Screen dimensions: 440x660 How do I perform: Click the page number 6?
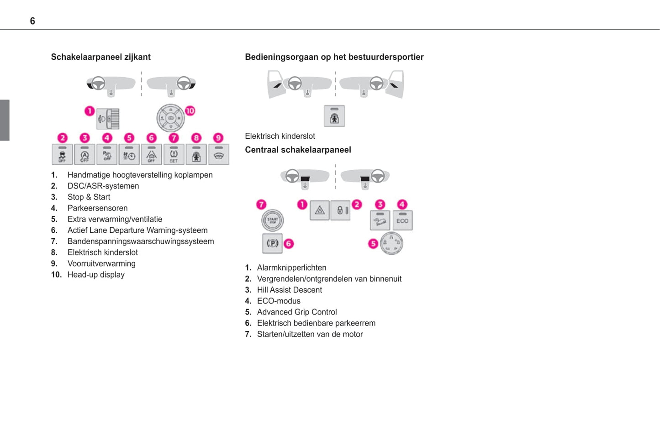click(32, 21)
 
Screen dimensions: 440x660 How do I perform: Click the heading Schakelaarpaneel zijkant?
click(100, 57)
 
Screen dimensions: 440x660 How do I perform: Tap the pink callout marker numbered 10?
click(190, 110)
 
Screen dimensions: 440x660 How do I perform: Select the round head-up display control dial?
click(170, 118)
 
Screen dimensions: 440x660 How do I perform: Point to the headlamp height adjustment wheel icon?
click(109, 119)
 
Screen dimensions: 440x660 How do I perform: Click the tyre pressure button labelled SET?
click(174, 155)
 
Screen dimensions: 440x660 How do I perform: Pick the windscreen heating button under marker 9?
click(218, 155)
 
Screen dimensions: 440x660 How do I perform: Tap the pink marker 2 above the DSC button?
click(62, 138)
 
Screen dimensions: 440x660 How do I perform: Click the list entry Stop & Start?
click(89, 197)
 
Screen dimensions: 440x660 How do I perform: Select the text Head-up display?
click(96, 275)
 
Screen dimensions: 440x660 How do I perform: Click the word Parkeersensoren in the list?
click(97, 208)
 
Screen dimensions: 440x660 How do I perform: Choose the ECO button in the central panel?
click(402, 220)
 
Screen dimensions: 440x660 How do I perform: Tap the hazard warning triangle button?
click(320, 210)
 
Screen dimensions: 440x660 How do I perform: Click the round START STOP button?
click(272, 220)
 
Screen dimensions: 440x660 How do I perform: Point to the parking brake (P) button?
click(272, 243)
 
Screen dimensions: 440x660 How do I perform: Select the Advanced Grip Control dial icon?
click(391, 243)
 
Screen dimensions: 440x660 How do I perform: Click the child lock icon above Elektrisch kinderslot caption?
click(334, 116)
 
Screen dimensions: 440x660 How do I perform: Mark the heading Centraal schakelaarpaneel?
click(298, 150)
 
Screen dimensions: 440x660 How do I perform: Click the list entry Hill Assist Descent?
click(289, 290)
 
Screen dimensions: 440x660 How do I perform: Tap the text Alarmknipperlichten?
click(291, 268)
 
